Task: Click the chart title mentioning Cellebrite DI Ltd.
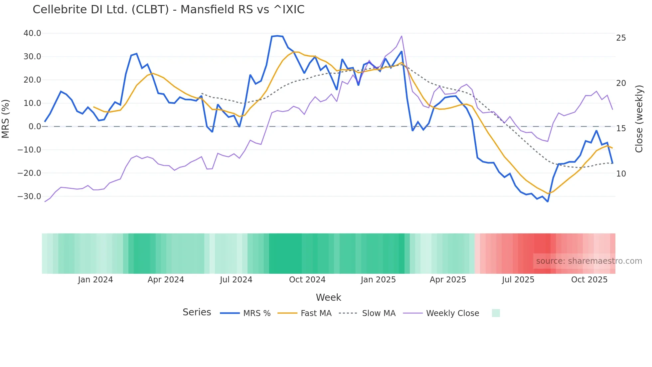coord(168,10)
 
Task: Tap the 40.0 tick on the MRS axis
coord(32,33)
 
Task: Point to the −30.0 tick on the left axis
coord(30,196)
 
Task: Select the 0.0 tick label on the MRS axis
coord(35,127)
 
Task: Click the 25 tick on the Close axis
coord(621,38)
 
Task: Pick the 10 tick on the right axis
coord(621,174)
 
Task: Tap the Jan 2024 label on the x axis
coord(95,280)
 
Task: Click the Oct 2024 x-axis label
coord(307,280)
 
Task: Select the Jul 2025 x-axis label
coord(518,280)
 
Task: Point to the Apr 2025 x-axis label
coord(448,280)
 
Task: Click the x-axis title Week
coord(328,297)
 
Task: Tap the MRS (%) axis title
coord(6,119)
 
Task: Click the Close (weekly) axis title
coord(639,119)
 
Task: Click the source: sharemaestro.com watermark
coord(589,261)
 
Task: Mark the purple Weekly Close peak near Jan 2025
coord(402,36)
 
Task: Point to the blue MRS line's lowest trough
coord(548,201)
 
